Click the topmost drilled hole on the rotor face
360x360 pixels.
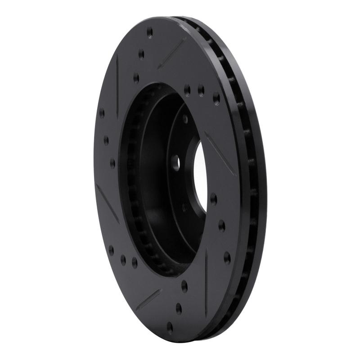(x=150, y=32)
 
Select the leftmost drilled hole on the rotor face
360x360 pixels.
(x=102, y=112)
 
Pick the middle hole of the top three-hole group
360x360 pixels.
(x=141, y=54)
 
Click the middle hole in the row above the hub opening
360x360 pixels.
(x=200, y=90)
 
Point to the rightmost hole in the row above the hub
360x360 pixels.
(x=216, y=97)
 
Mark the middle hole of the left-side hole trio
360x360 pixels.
(x=106, y=140)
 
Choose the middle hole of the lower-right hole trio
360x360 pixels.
(x=221, y=225)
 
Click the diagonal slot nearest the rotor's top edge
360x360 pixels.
(x=172, y=53)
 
